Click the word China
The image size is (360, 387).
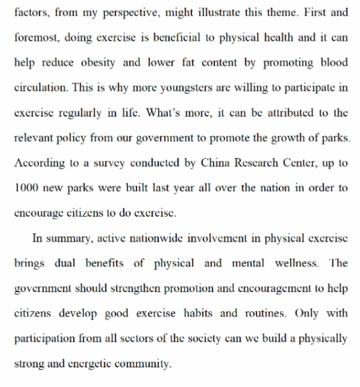215,163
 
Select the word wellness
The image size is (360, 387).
296,263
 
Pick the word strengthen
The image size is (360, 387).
132,288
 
